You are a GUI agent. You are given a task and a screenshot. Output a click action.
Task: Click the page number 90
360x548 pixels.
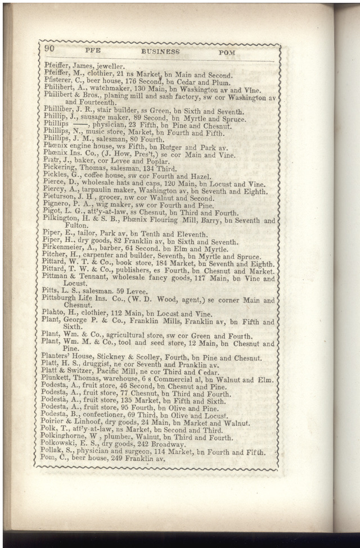click(49, 49)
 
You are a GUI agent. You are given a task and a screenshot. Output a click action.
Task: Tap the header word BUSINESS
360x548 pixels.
click(160, 52)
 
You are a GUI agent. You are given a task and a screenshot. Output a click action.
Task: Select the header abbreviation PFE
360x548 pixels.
click(92, 51)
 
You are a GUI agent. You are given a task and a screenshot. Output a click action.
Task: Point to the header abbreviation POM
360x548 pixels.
click(227, 52)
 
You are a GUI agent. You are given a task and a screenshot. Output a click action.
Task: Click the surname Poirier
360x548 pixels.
click(55, 423)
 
